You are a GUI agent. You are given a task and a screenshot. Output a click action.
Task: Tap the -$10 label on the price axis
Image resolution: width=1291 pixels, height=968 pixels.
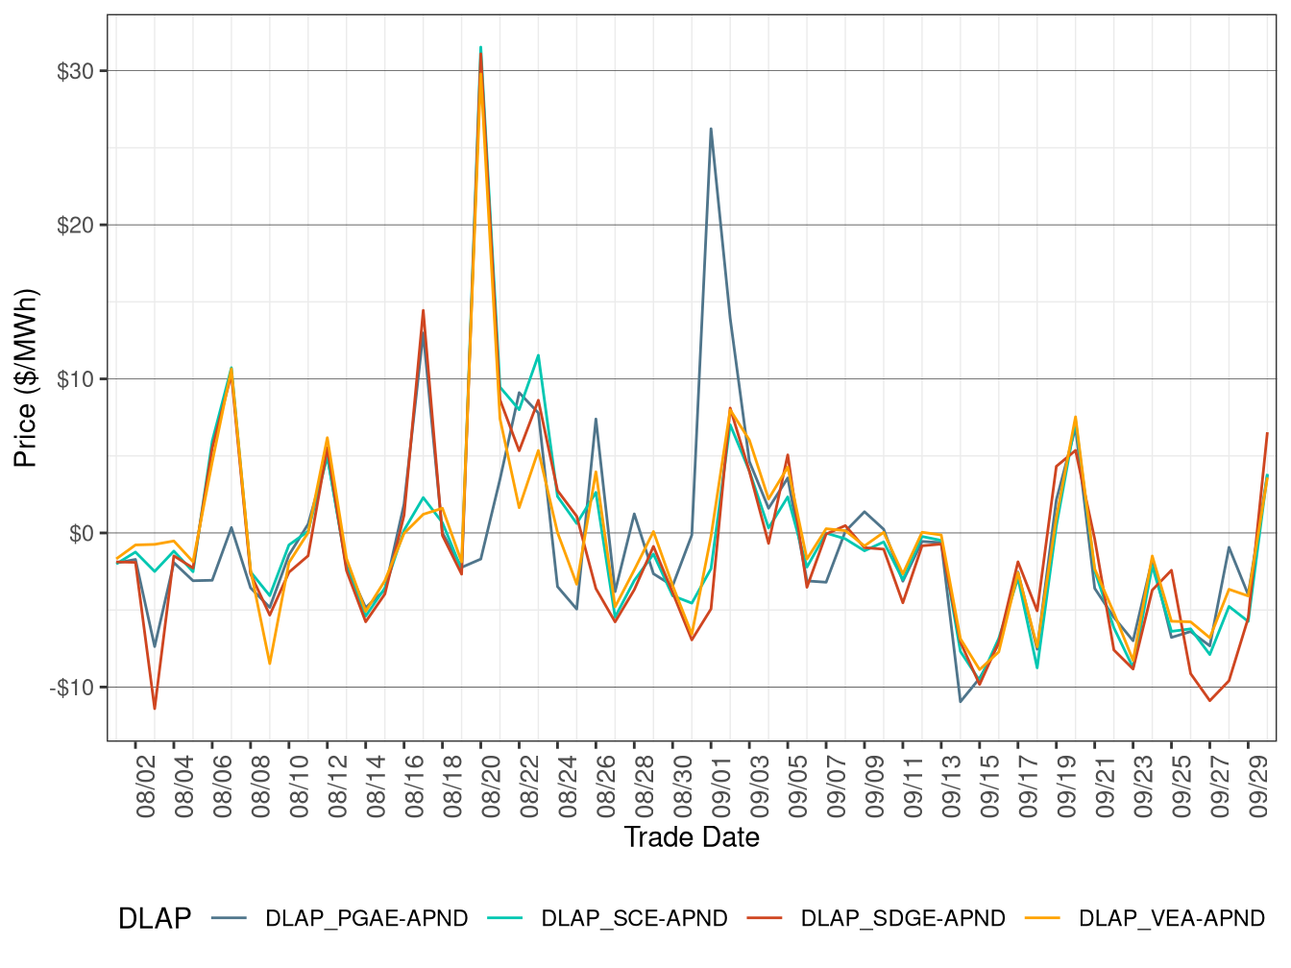point(72,688)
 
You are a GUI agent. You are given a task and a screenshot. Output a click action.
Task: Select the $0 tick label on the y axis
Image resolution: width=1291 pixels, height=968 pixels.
point(81,534)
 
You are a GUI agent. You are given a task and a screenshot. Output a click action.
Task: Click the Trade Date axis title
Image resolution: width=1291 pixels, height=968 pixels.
point(692,837)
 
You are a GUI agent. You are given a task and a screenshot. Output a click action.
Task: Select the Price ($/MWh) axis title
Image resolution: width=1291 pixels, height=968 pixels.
point(26,378)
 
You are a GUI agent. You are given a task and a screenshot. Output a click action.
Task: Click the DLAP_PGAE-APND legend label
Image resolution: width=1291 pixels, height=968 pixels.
point(366,918)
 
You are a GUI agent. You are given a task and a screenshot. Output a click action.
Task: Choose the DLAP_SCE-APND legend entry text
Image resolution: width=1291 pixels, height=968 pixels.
point(634,918)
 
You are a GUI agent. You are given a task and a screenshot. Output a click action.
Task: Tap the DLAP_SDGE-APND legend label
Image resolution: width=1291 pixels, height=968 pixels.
point(903,918)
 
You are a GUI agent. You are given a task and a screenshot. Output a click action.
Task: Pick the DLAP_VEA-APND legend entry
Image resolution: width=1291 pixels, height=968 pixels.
point(1172,918)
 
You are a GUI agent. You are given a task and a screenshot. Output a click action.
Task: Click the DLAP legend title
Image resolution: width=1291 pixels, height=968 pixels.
point(154,918)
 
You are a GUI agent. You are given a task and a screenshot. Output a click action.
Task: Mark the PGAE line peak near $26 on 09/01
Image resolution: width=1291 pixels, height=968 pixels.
point(711,129)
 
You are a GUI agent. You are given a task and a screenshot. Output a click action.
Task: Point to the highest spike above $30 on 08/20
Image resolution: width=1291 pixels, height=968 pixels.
point(480,48)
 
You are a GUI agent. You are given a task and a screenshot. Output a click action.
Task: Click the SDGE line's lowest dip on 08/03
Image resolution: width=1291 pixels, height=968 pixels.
point(155,708)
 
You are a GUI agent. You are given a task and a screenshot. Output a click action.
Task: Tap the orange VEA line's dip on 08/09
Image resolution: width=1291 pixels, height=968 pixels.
point(270,663)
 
